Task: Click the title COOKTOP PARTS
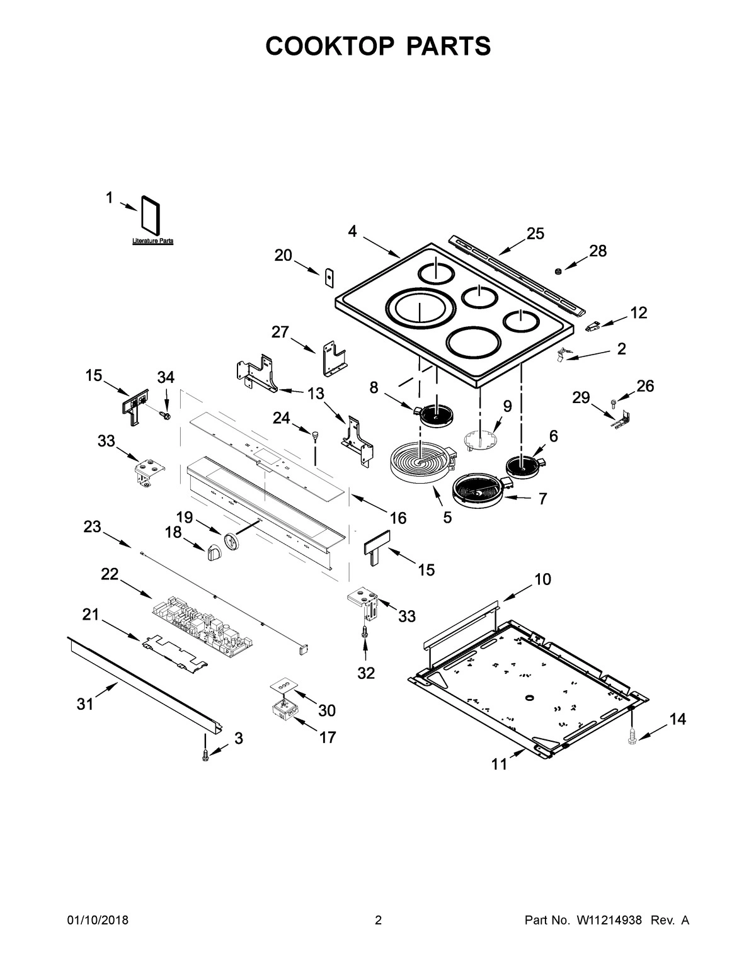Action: click(x=377, y=46)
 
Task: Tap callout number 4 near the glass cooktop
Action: click(x=352, y=231)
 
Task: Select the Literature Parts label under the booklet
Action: click(x=152, y=241)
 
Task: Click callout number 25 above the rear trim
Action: click(x=535, y=234)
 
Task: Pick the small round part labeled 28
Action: click(x=558, y=271)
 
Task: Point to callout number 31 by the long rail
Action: click(x=85, y=704)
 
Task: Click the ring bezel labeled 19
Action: click(x=232, y=541)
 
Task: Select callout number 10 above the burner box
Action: click(x=542, y=579)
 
